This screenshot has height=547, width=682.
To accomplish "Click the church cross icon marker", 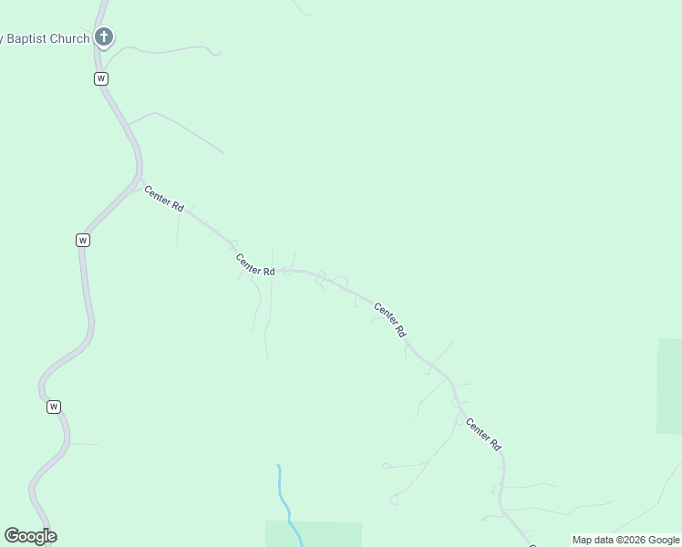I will click(104, 37).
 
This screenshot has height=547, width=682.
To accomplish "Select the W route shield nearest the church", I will click(101, 78).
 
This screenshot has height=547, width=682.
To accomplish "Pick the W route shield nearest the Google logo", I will click(54, 407).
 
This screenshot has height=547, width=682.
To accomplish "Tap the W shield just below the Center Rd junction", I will click(83, 240).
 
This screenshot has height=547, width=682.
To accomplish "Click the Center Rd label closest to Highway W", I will click(163, 199).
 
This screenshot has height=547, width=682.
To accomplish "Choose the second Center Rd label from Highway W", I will click(255, 264).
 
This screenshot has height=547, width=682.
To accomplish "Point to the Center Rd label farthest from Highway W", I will click(483, 434).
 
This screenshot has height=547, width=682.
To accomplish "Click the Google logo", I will click(30, 536).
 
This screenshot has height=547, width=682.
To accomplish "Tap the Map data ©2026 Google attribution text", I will click(625, 540).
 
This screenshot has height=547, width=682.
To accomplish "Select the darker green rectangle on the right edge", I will click(669, 386).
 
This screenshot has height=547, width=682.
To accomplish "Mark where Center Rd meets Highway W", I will click(138, 182).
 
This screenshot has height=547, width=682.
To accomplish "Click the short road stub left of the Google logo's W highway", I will click(84, 444).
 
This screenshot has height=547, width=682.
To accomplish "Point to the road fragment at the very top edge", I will click(302, 7).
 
